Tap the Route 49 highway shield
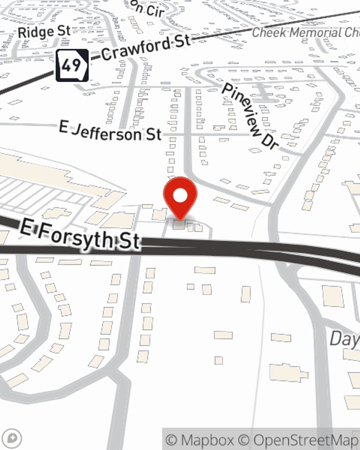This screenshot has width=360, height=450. click(72, 65)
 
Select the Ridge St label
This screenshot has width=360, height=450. click(44, 32)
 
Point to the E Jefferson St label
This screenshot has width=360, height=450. click(110, 132)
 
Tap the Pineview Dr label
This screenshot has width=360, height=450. click(251, 115)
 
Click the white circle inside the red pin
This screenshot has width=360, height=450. click(180, 196)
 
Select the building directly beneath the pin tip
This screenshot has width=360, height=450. click(179, 225)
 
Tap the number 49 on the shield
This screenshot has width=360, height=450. click(71, 65)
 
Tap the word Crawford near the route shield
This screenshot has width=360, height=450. click(136, 50)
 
